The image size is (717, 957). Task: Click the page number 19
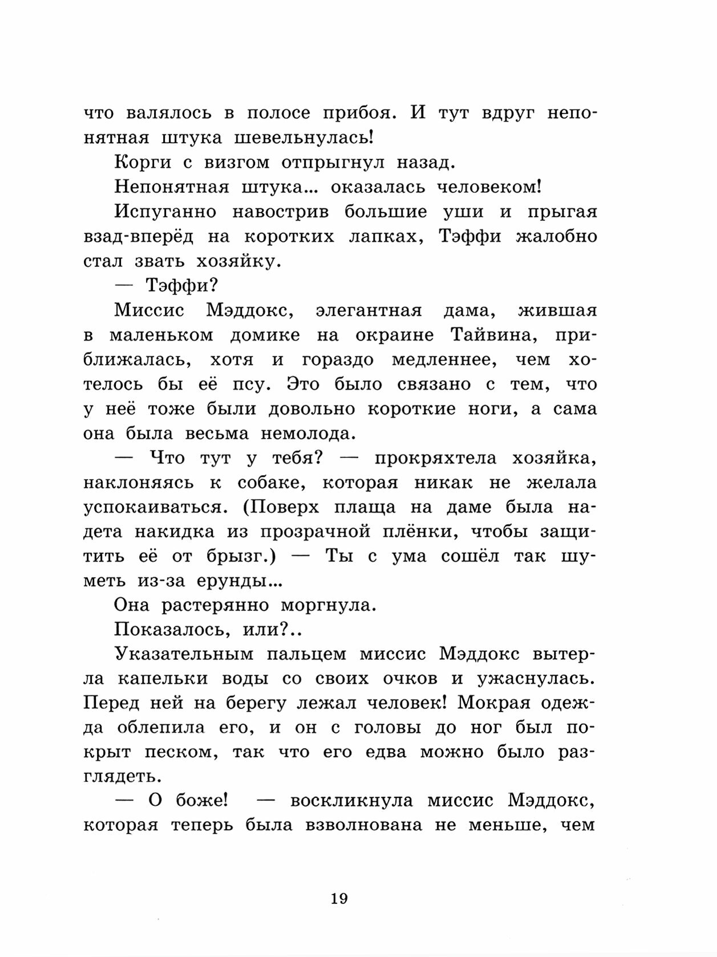pos(338,899)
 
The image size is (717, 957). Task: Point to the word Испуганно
pos(165,212)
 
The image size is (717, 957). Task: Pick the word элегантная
pos(368,310)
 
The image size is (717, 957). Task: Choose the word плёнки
pos(420,532)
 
